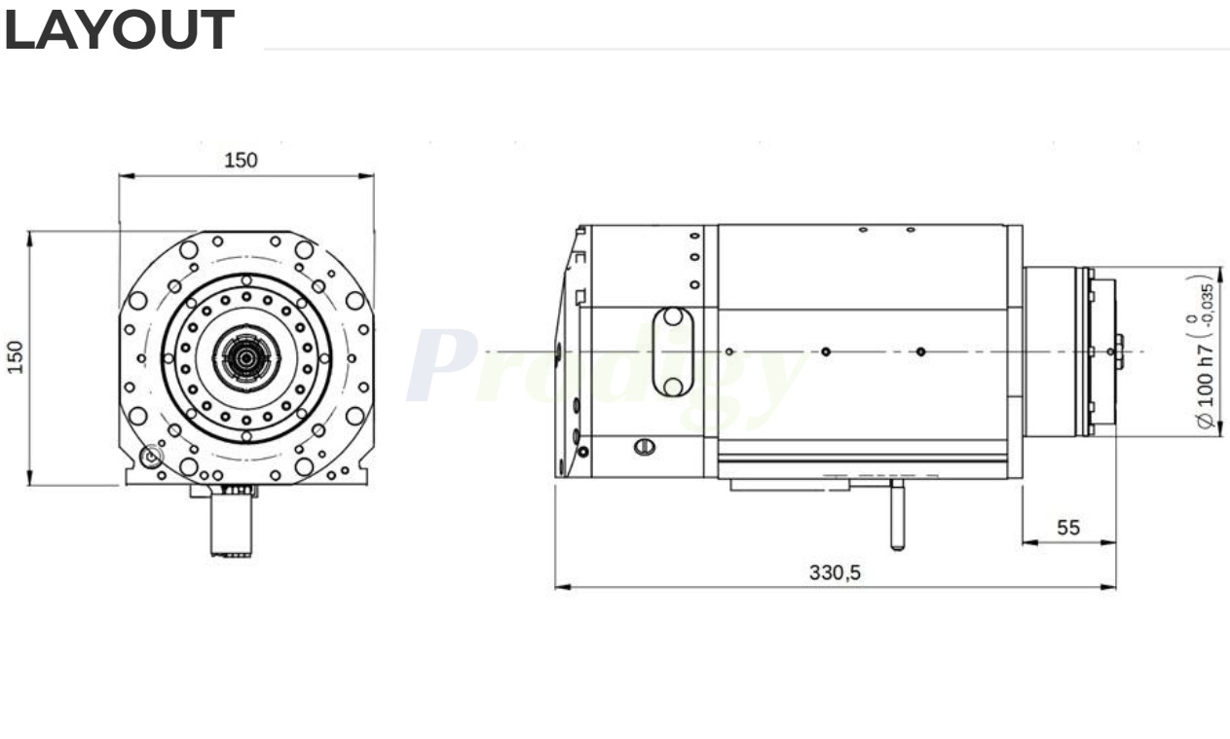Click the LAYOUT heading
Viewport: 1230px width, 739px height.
point(119,31)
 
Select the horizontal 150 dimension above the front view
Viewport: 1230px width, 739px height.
point(242,161)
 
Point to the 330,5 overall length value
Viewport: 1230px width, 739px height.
point(835,573)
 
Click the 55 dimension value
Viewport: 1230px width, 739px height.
point(1068,528)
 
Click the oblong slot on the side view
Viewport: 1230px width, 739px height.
point(672,351)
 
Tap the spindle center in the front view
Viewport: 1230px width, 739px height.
point(246,358)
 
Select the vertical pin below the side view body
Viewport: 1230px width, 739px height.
point(896,516)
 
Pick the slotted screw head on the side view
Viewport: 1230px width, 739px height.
point(644,447)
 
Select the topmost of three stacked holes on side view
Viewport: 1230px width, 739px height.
point(694,236)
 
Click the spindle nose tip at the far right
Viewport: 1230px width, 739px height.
point(1119,351)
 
